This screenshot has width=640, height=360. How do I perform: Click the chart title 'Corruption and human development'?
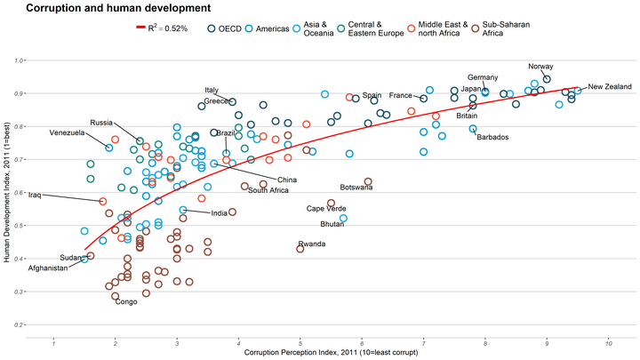click(111, 8)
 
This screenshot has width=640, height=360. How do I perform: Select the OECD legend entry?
click(224, 28)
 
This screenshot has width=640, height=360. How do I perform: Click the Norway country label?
click(540, 67)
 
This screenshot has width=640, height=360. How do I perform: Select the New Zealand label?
click(609, 86)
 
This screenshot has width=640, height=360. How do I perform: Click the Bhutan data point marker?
click(343, 218)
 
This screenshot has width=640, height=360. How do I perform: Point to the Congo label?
click(126, 302)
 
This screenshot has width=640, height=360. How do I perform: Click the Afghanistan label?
click(47, 268)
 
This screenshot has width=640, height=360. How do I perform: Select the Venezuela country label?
click(67, 132)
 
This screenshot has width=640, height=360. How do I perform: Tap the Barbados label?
click(492, 137)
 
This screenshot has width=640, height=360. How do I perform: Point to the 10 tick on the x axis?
click(608, 343)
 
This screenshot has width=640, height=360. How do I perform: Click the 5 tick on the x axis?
click(300, 343)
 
